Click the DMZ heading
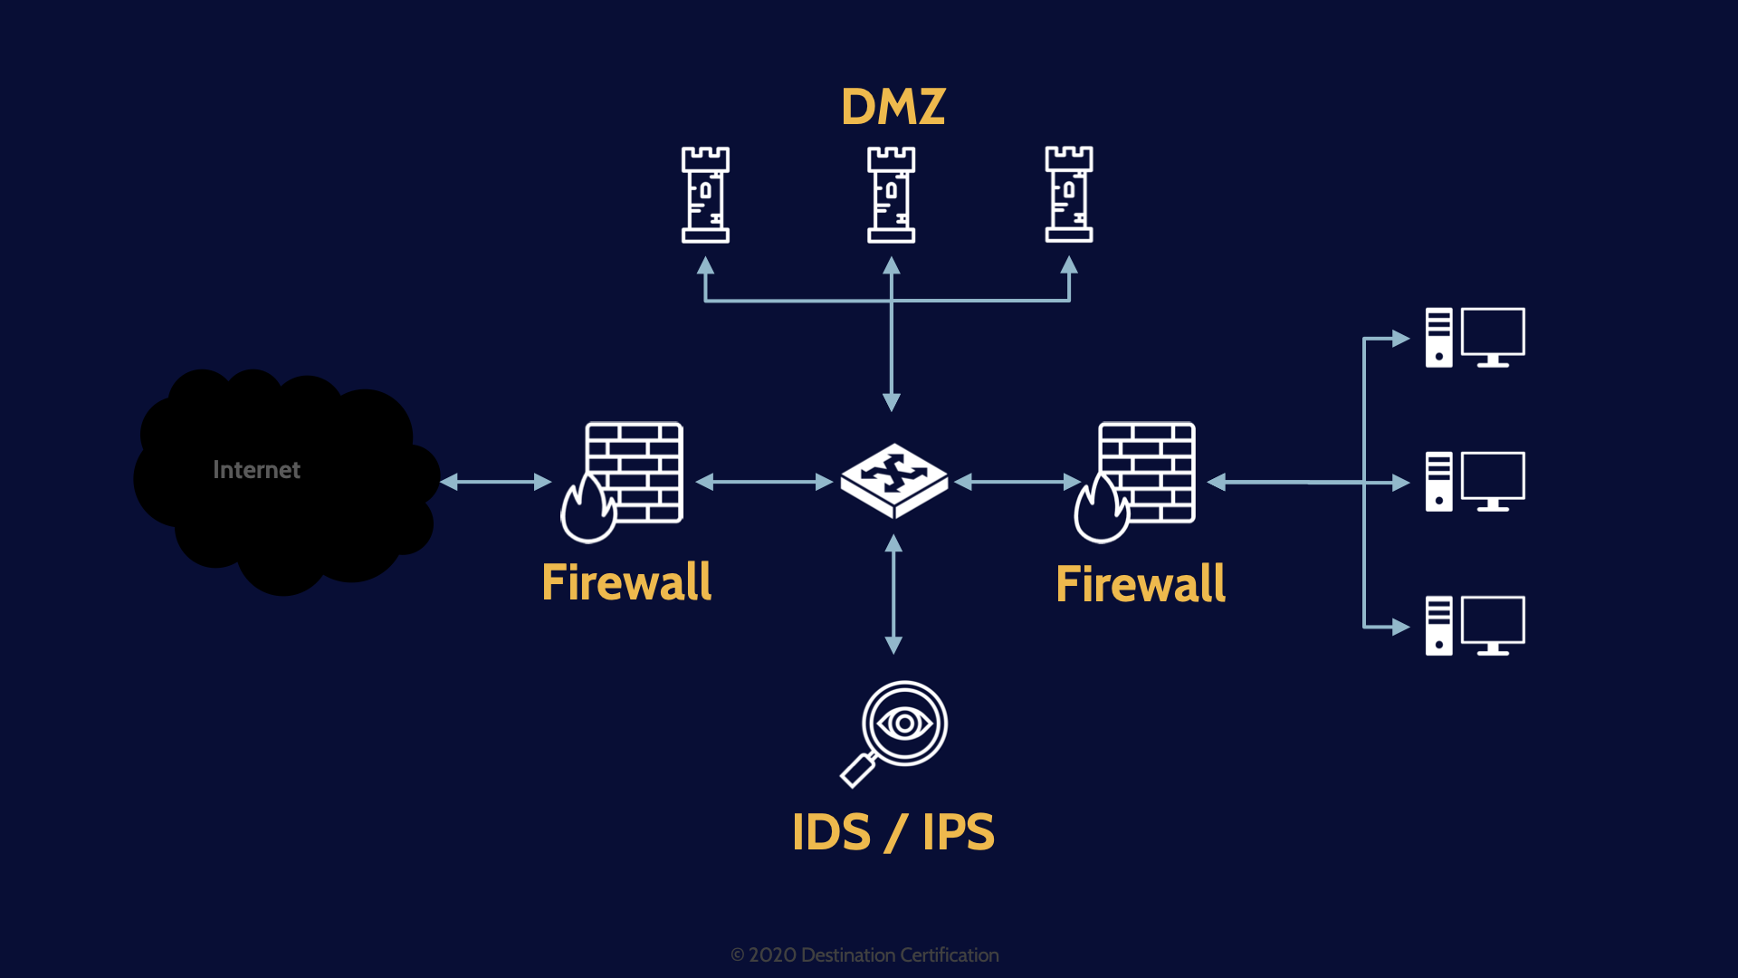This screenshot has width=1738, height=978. tap(893, 107)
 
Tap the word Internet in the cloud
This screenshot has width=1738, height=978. tap(256, 470)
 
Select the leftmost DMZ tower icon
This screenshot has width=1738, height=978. tap(705, 195)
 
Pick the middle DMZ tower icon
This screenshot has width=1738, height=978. tap(891, 195)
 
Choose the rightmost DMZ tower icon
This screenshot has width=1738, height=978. tap(1068, 195)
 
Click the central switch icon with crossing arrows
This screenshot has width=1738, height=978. tap(893, 480)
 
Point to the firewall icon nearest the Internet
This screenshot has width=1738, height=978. tap(625, 480)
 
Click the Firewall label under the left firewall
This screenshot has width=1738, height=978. tap(626, 582)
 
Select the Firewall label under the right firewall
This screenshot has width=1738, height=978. tap(1141, 584)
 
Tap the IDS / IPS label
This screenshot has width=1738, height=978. tap(893, 832)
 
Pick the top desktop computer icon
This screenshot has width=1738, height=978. tap(1475, 338)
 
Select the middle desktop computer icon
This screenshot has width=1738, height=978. tap(1475, 482)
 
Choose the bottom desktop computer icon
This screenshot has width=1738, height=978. tap(1475, 626)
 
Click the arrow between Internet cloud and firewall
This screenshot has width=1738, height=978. tap(495, 482)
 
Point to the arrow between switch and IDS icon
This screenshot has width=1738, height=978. tap(893, 594)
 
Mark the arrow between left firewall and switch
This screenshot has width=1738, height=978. tap(764, 482)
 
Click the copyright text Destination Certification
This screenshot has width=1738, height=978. tap(864, 955)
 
